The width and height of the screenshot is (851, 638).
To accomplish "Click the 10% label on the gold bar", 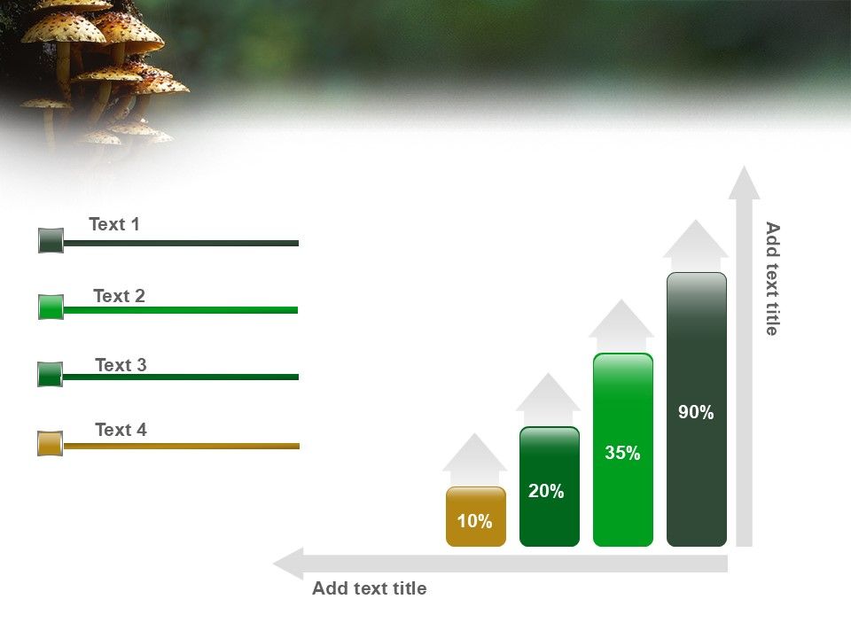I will point(475,522).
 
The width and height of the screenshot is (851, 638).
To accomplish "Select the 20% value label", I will point(546,492).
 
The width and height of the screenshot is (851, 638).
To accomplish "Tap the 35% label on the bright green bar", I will point(622,454).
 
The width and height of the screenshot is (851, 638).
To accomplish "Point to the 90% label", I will point(696,412).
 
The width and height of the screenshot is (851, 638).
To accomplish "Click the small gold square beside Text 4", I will point(51,444).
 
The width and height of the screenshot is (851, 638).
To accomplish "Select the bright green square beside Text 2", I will point(51,307).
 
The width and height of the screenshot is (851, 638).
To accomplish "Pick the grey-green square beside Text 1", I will point(51,240).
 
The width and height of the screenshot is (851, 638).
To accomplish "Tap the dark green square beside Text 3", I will point(51,375).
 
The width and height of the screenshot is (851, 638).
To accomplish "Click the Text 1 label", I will point(114,225).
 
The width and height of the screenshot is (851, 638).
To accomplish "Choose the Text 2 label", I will point(119,296).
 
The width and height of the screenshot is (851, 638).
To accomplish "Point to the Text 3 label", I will point(121,365).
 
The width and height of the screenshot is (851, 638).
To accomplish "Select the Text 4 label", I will point(121,431).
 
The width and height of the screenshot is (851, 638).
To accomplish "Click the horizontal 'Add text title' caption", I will point(369,588).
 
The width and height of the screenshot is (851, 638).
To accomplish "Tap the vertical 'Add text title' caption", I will point(772,278).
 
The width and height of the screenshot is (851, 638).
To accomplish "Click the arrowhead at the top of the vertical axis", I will point(745,183).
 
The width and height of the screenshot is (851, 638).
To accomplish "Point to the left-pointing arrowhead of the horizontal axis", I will point(289,564).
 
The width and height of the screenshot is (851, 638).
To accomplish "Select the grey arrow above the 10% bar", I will point(475,456).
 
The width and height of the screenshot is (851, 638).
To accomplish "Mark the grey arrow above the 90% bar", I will point(696,243).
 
